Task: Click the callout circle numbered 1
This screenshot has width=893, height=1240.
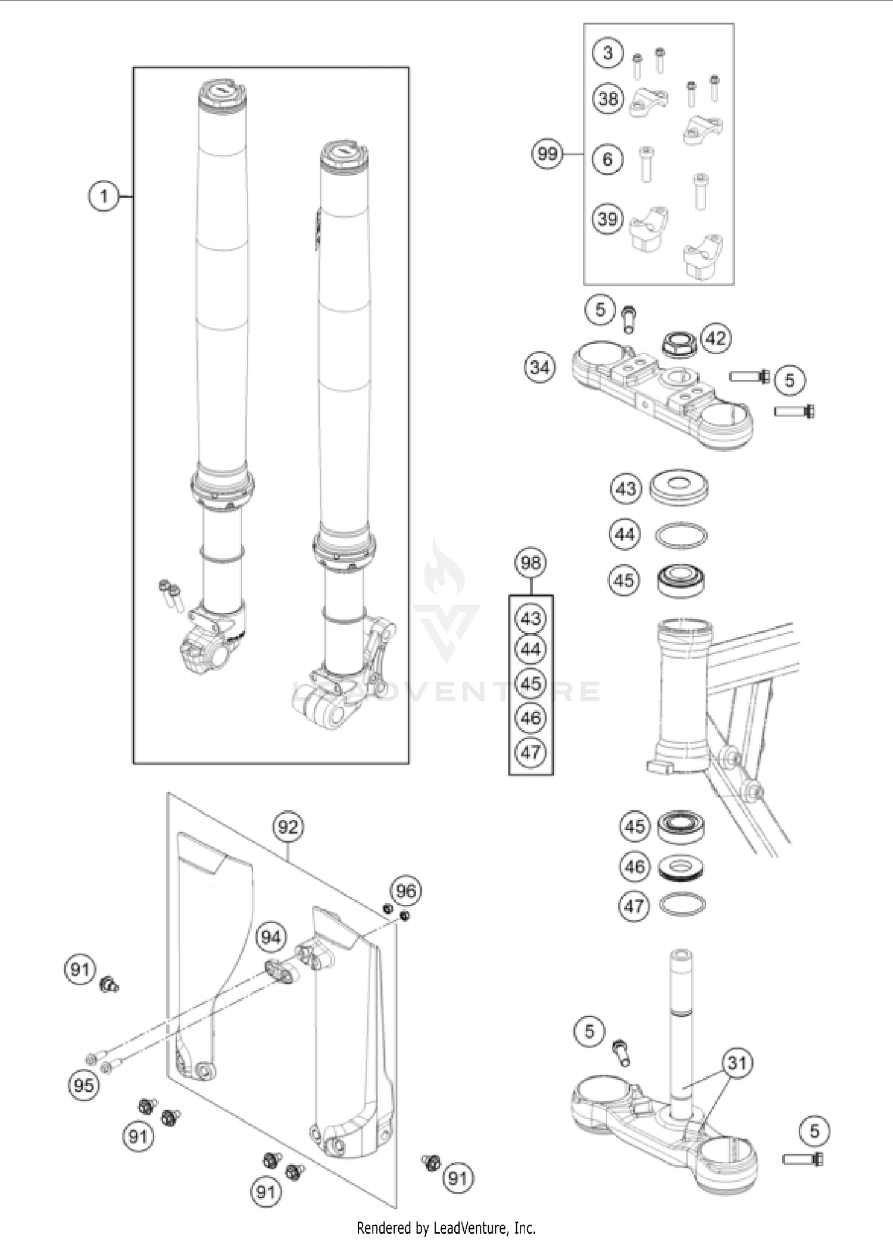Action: [x=104, y=196]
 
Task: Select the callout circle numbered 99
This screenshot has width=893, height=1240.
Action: [x=547, y=154]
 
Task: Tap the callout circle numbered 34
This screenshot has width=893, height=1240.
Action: [x=539, y=367]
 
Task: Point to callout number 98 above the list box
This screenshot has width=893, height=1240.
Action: [x=530, y=563]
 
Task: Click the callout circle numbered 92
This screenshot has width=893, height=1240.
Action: [x=288, y=827]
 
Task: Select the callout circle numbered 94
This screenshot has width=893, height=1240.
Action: [x=270, y=938]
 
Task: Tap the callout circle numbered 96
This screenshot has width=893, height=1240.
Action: [x=405, y=891]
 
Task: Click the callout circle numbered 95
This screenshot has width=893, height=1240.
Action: [x=83, y=1085]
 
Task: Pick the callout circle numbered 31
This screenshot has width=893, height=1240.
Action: [x=737, y=1063]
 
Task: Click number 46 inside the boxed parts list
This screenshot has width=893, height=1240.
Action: [x=530, y=718]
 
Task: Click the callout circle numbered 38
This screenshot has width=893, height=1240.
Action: [x=608, y=98]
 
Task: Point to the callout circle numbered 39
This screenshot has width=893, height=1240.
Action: [x=607, y=218]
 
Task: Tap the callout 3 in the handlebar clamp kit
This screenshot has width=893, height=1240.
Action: [x=607, y=52]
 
